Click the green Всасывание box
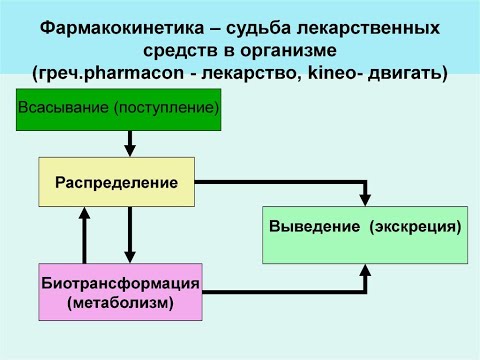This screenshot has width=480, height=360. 117,107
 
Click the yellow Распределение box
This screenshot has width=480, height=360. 117,182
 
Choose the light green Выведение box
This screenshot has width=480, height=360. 365,233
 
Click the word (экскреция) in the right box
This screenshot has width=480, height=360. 416,227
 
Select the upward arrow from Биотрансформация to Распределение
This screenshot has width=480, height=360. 86,235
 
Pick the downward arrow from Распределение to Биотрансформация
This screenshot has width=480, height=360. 130,235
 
